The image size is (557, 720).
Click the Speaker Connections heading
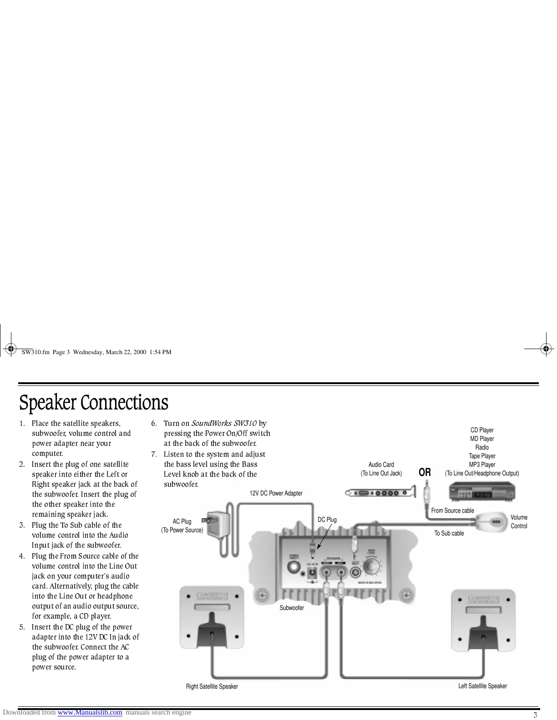93,403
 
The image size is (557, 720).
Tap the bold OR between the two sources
425,473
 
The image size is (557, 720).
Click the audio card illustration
381,492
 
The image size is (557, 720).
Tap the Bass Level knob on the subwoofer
373,566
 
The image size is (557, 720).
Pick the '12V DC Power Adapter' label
276,493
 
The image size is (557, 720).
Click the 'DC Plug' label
327,520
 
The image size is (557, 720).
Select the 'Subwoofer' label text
292,608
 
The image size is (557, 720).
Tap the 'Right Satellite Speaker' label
212,686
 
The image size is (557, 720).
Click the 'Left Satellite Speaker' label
482,686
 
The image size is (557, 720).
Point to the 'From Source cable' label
452,510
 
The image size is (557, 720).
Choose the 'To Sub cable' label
449,533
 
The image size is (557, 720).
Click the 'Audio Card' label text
381,465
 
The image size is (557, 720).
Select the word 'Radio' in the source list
482,447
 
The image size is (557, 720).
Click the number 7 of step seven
154,454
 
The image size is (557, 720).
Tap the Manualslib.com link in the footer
90,712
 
